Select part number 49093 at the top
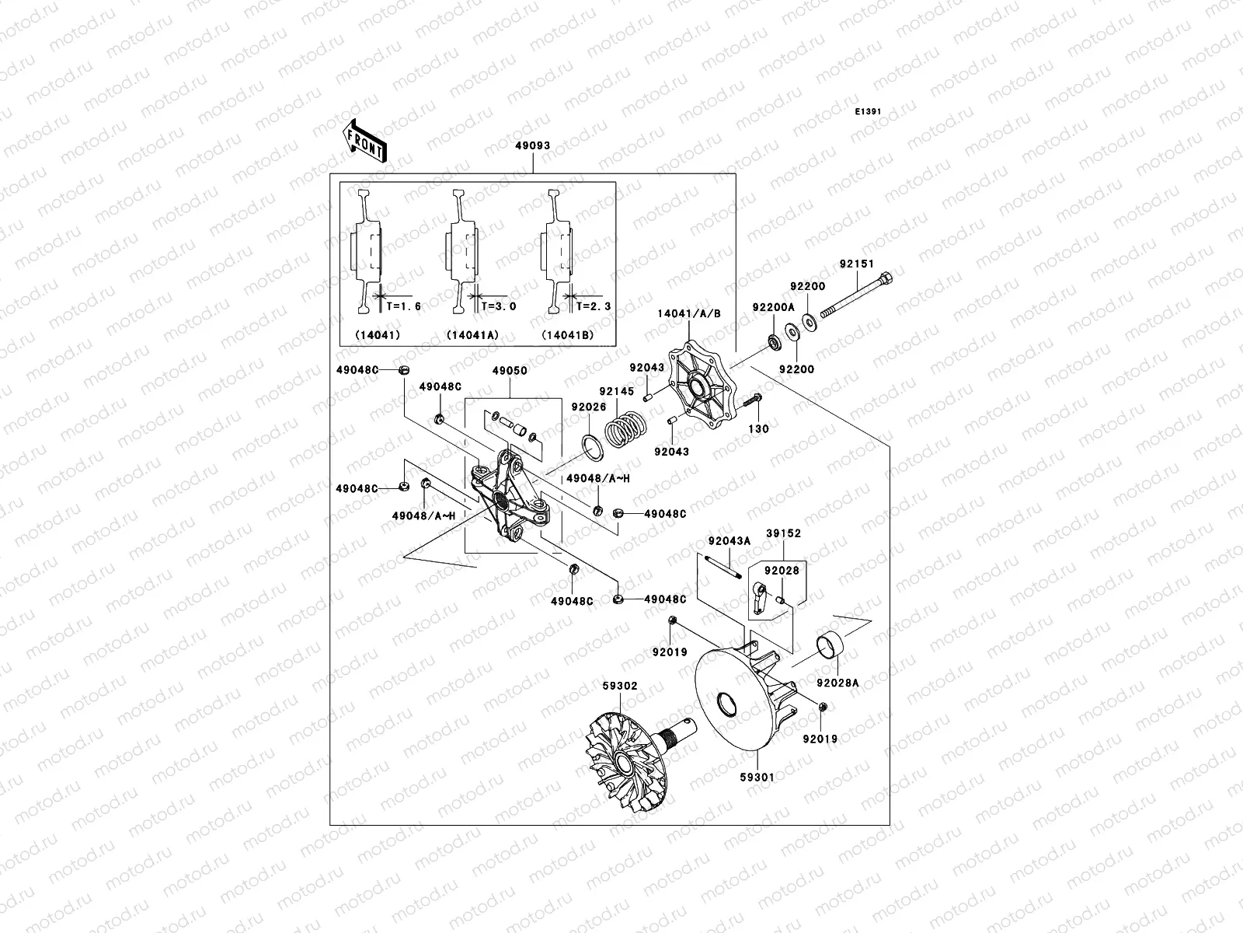point(532,145)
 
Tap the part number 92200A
point(773,307)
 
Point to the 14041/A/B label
point(690,313)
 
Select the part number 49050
point(509,371)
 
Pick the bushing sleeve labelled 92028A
point(831,647)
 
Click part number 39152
point(783,533)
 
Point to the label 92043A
point(729,541)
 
